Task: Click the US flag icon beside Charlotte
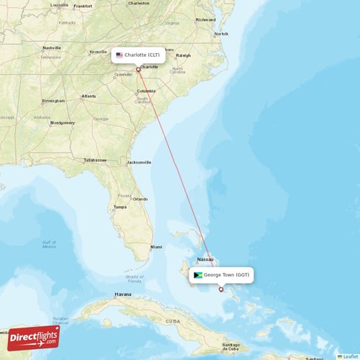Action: [120, 55]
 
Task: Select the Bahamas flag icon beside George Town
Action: [197, 275]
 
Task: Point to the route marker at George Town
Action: [221, 289]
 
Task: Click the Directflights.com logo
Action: [34, 336]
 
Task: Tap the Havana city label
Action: [123, 294]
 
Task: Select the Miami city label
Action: [156, 247]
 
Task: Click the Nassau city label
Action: [206, 259]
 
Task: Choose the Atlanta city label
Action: [89, 96]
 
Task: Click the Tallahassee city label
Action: [95, 159]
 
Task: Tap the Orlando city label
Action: [140, 199]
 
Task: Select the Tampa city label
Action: [120, 207]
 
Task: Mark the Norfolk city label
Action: [221, 34]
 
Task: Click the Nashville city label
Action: [52, 48]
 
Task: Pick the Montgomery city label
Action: [62, 123]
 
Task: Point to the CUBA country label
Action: [172, 320]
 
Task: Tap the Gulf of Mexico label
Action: [49, 244]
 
